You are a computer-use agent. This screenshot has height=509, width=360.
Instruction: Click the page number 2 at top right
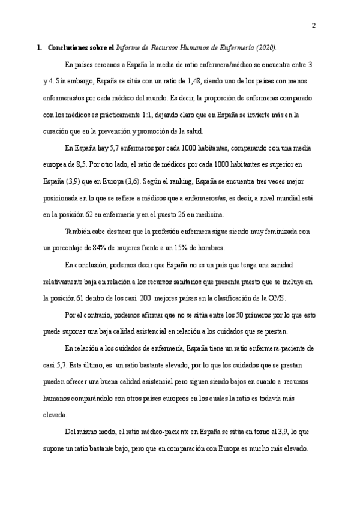[314, 25]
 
